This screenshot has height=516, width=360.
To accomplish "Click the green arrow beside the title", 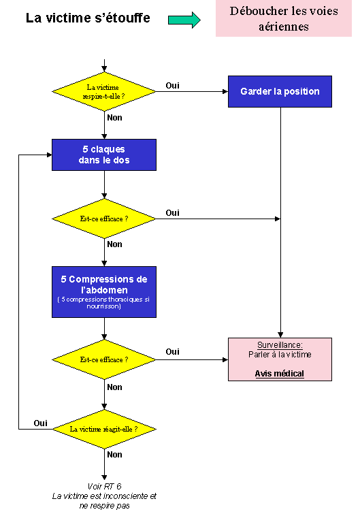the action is click(184, 20).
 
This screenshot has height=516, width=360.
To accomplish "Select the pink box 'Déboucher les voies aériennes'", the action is click(284, 18).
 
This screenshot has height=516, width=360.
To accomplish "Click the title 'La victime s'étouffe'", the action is click(88, 18).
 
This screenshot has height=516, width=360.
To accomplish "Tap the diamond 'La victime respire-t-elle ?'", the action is click(104, 91).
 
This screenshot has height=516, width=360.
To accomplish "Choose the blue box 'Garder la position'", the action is click(280, 91).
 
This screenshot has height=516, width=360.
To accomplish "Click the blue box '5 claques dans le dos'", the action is click(104, 155).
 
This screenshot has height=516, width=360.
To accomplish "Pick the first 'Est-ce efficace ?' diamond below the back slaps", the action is click(104, 219).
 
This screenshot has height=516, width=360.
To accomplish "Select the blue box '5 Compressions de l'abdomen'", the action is click(104, 292).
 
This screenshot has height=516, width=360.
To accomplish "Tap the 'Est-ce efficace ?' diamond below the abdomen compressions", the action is click(104, 359).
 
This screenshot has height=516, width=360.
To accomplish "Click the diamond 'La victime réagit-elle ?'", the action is click(104, 429).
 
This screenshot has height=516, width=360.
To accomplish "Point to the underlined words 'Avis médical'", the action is click(280, 374).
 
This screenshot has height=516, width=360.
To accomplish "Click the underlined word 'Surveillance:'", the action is click(280, 345).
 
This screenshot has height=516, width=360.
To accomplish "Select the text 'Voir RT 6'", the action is click(104, 486).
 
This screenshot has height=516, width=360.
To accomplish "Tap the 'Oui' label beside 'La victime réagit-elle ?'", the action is click(40, 423).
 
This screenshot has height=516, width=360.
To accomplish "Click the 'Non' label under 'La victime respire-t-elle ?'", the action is click(114, 118).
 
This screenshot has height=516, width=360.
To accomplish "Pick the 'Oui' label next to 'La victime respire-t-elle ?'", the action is click(172, 86).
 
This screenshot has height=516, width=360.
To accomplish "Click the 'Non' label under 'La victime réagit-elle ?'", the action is click(114, 455).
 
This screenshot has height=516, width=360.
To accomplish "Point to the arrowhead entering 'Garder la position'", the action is click(225, 91).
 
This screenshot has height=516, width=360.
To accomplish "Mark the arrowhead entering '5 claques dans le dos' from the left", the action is click(50, 155).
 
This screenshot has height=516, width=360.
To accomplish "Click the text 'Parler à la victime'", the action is click(280, 355).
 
